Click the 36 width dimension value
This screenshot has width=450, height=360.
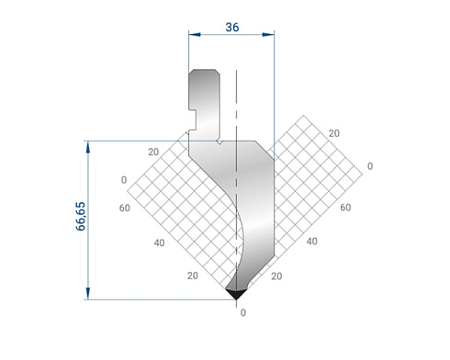[x=232, y=28]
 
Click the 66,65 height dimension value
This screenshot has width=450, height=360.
[x=81, y=216]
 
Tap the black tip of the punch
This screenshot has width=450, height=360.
[x=236, y=294]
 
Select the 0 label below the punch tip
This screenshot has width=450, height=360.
[x=243, y=312]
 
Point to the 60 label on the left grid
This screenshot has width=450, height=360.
[x=125, y=208]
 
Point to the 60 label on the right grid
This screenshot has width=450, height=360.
[x=345, y=208]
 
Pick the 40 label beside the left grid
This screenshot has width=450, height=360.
[x=159, y=242]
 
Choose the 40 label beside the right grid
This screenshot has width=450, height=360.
[x=311, y=242]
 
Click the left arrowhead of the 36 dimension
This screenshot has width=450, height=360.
[x=195, y=35]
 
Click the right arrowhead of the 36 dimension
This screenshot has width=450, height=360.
[x=268, y=35]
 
